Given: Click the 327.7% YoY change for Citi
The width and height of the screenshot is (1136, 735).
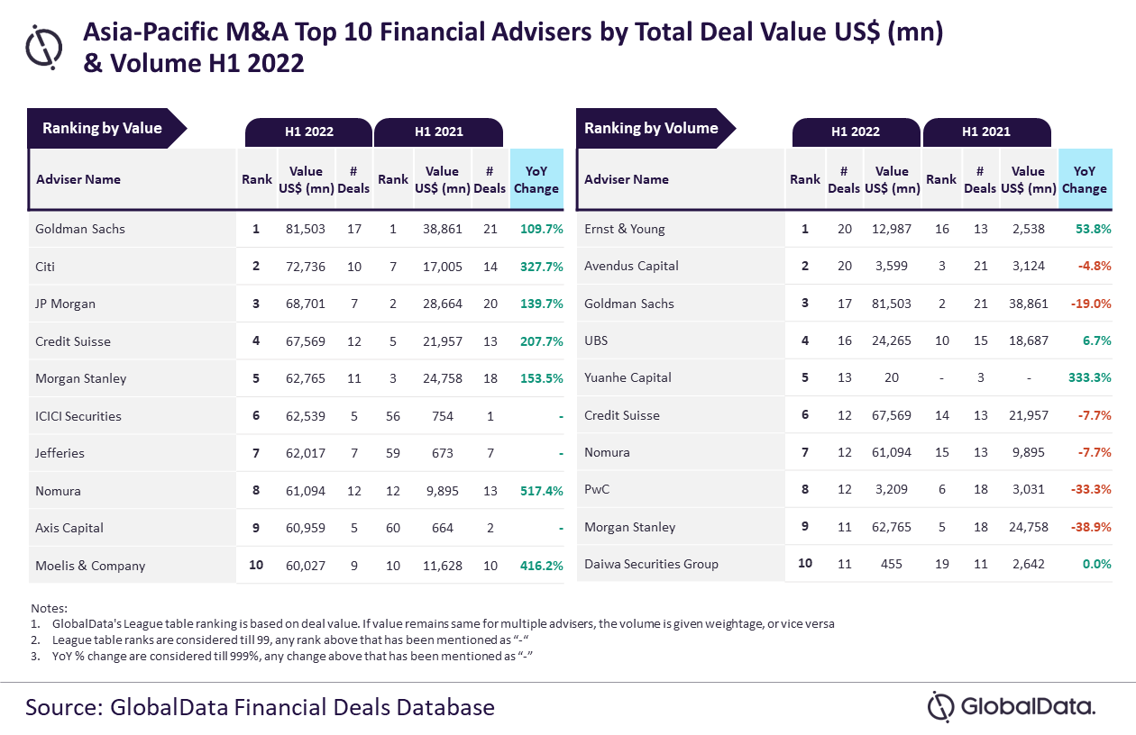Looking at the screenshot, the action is click(x=542, y=267).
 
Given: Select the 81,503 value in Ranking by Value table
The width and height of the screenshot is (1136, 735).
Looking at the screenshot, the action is click(x=306, y=229).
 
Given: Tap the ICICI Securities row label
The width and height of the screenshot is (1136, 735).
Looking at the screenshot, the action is click(x=78, y=416).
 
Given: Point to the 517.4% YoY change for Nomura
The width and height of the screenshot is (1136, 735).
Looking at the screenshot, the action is click(x=542, y=491).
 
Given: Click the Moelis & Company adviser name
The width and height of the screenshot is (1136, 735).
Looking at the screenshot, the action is click(x=90, y=566).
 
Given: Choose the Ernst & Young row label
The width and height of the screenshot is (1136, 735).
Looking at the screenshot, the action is click(x=624, y=229).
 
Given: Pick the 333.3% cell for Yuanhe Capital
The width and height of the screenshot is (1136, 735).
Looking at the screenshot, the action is click(x=1089, y=377).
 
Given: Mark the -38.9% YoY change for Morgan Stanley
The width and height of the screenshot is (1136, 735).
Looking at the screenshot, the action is click(x=1091, y=527).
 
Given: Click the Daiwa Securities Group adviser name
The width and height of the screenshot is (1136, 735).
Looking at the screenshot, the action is click(x=651, y=564).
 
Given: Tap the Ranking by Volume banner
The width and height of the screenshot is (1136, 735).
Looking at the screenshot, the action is click(x=655, y=128).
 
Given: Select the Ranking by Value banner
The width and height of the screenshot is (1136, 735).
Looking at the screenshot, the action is click(x=107, y=128).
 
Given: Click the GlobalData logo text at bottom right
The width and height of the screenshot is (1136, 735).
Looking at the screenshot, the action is click(x=1028, y=706).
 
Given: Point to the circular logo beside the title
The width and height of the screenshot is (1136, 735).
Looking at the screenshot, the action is click(x=44, y=47).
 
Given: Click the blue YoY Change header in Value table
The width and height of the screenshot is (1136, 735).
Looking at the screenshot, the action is click(x=536, y=179).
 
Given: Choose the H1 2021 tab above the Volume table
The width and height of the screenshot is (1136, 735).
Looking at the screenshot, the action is click(x=986, y=132).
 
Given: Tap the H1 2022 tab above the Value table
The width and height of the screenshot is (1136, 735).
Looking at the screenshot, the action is click(x=309, y=132).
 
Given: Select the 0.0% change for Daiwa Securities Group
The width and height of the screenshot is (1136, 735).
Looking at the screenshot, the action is click(x=1096, y=564).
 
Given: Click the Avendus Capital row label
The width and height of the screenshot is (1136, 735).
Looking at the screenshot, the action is click(x=631, y=266).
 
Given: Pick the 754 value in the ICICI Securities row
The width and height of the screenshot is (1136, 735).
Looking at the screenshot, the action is click(x=442, y=416).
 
